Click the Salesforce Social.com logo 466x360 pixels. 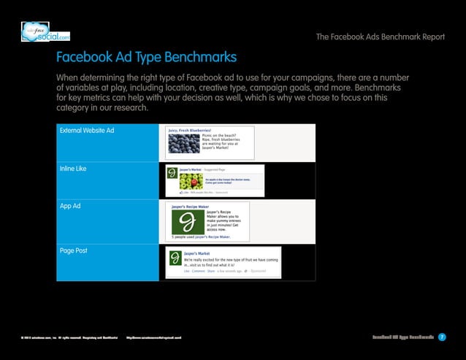(x=45, y=32)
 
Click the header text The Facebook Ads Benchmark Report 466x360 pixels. (x=380, y=38)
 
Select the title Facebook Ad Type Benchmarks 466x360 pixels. (x=146, y=57)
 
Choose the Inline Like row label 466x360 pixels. (x=73, y=169)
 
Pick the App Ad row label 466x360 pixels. (x=70, y=207)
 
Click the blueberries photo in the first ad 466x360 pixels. (x=183, y=144)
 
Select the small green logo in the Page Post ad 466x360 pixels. (x=175, y=258)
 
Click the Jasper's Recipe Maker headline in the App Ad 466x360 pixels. (x=190, y=207)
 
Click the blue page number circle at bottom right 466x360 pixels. (x=443, y=337)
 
